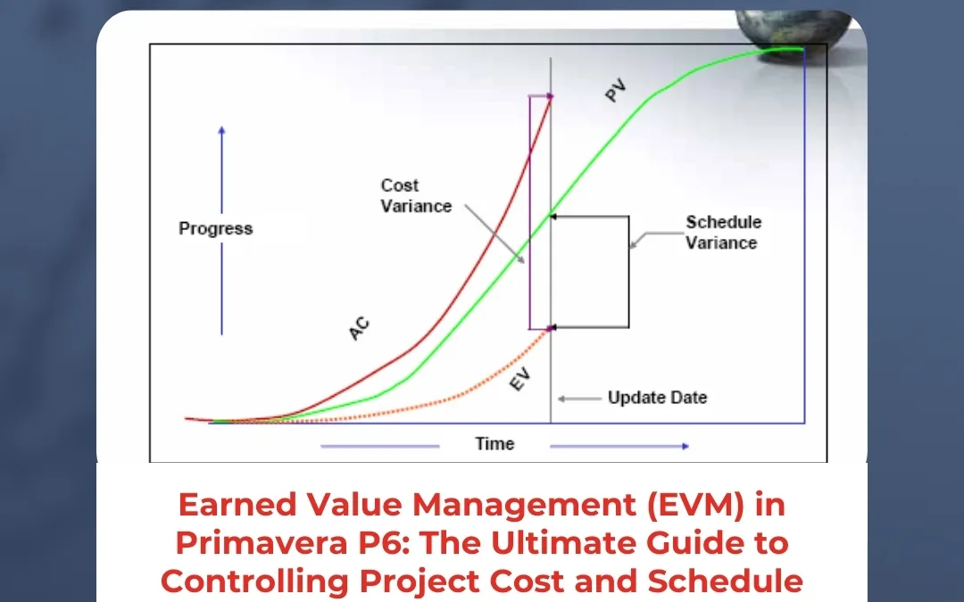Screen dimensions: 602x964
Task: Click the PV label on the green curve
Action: pyautogui.click(x=616, y=91)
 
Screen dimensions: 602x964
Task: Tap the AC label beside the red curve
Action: pyautogui.click(x=359, y=330)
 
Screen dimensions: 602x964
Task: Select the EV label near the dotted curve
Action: pyautogui.click(x=519, y=381)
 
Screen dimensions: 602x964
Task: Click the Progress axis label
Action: pyautogui.click(x=216, y=228)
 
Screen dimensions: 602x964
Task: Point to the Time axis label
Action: pyautogui.click(x=494, y=443)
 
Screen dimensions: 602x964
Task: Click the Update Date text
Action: pyautogui.click(x=657, y=398)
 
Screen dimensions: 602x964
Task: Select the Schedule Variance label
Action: pyautogui.click(x=723, y=232)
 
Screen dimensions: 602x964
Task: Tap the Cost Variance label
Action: pyautogui.click(x=416, y=196)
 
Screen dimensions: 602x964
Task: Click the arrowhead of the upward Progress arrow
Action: pyautogui.click(x=221, y=131)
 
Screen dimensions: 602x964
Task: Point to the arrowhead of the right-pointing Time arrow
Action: pyautogui.click(x=685, y=446)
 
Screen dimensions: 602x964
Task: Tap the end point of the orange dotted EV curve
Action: pyautogui.click(x=550, y=329)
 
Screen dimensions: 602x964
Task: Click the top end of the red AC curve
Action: pyautogui.click(x=551, y=96)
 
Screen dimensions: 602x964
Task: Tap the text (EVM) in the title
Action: pyautogui.click(x=659, y=505)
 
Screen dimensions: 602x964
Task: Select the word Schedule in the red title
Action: pyautogui.click(x=726, y=580)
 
